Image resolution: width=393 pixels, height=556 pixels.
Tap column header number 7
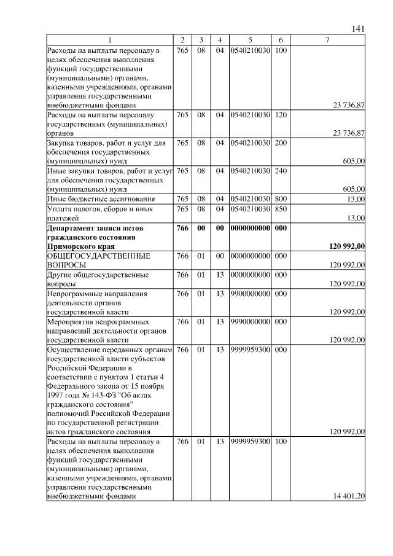click(x=328, y=40)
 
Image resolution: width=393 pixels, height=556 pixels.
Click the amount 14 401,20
click(x=348, y=496)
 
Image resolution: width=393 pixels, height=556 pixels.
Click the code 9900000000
click(x=251, y=294)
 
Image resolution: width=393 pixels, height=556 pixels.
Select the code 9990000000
click(x=251, y=321)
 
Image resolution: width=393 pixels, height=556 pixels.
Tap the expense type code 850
click(x=281, y=209)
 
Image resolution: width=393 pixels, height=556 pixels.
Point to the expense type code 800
click(x=281, y=199)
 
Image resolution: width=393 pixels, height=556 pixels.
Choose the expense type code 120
click(x=281, y=115)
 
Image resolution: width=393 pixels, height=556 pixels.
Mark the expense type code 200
click(x=281, y=143)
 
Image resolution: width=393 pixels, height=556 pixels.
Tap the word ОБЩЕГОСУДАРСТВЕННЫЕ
click(x=90, y=256)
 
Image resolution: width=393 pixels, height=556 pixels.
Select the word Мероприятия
click(x=70, y=321)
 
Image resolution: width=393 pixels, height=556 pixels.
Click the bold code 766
click(x=182, y=228)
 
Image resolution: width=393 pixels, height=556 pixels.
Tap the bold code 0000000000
click(x=251, y=228)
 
